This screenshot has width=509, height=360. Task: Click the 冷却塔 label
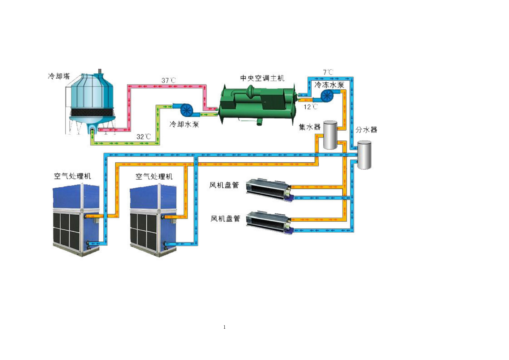tap(59, 76)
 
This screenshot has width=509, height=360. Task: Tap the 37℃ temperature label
tap(169, 80)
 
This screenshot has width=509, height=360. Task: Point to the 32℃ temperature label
tap(144, 137)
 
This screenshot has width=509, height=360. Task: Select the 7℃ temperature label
tap(328, 72)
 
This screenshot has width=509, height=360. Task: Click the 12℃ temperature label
tap(311, 107)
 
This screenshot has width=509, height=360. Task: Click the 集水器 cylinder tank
tap(330, 135)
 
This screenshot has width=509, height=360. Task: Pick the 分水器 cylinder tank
tap(364, 155)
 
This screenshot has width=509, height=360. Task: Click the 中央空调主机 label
tap(262, 78)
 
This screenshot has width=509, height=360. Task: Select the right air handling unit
tap(153, 220)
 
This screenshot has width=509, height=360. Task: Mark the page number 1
tap(224, 327)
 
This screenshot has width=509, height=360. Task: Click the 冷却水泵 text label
tap(184, 124)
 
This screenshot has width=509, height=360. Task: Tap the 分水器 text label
tap(366, 130)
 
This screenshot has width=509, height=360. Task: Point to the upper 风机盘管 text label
tap(224, 185)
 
